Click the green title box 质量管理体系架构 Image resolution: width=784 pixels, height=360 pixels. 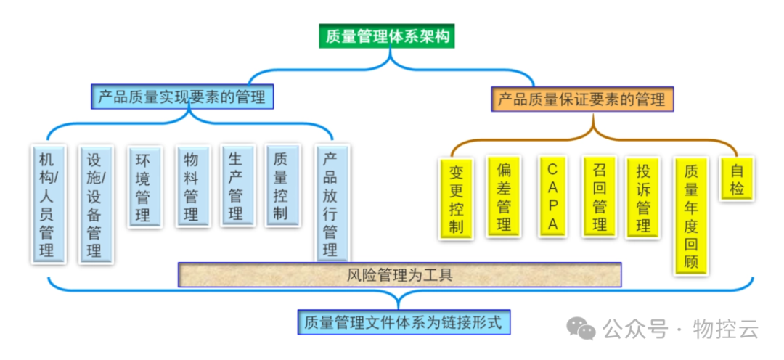pyautogui.click(x=387, y=36)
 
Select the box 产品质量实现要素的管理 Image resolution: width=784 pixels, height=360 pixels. pyautogui.click(x=182, y=97)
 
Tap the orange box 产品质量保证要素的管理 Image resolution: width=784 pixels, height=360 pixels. pyautogui.click(x=582, y=98)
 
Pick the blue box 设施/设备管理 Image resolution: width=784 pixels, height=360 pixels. pyautogui.click(x=94, y=204)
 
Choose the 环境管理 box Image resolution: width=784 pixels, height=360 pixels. pyautogui.click(x=143, y=187)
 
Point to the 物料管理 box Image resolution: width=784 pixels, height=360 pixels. pyautogui.click(x=192, y=187)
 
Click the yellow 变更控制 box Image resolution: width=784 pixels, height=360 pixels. pyautogui.click(x=456, y=198)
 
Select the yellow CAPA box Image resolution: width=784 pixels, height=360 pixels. pyautogui.click(x=552, y=197)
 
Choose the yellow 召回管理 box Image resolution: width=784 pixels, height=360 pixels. pyautogui.click(x=600, y=197)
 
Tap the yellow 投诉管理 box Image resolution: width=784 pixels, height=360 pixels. pyautogui.click(x=643, y=197)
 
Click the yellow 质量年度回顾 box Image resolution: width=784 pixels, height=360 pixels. pyautogui.click(x=691, y=216)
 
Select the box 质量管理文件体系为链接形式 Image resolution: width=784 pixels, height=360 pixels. pyautogui.click(x=404, y=322)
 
